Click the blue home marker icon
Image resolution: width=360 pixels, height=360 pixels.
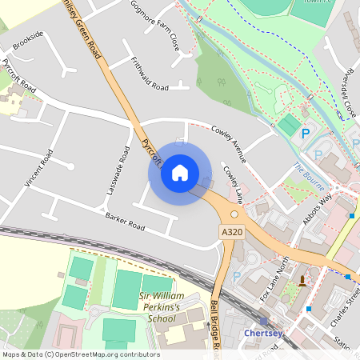[x=180, y=172]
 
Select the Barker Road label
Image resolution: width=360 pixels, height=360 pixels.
[x=125, y=222]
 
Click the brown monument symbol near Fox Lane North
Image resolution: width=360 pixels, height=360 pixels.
[x=302, y=279]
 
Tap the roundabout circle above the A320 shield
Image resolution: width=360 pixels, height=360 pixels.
[x=235, y=214]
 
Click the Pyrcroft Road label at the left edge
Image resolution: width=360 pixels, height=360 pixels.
[x=18, y=74]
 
